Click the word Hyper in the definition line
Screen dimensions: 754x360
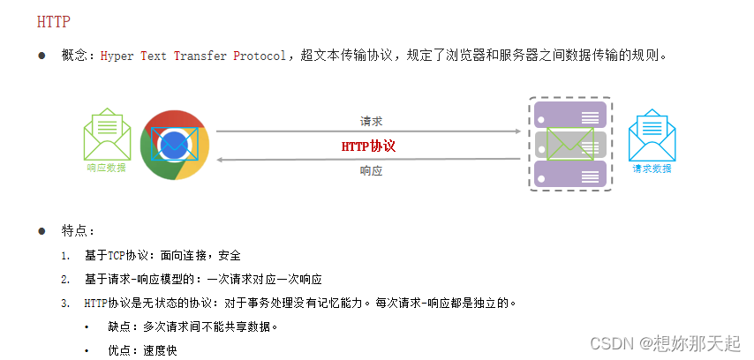[117, 56]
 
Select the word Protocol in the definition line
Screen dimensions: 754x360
[260, 56]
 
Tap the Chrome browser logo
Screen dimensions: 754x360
[174, 145]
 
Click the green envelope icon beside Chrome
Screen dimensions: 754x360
[106, 134]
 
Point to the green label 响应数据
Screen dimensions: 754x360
[106, 168]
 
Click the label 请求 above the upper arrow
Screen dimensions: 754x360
[371, 121]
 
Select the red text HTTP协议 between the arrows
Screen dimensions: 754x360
[368, 146]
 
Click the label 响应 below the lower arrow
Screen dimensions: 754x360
[371, 171]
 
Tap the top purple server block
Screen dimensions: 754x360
[570, 116]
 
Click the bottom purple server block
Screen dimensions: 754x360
[570, 173]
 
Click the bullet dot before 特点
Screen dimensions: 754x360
[41, 231]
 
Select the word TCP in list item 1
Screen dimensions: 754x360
[117, 256]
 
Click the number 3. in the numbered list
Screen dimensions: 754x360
[65, 304]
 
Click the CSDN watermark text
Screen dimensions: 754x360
[609, 342]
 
